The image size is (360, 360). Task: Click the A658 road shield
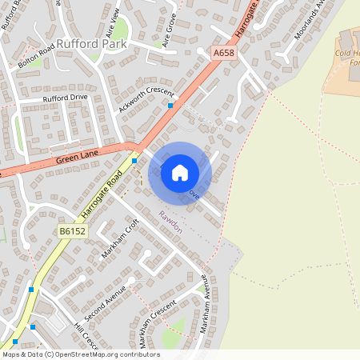[225, 54]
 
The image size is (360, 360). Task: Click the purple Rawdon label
[170, 222]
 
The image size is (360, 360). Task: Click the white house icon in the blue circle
[180, 173]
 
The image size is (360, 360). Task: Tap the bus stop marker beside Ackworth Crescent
[170, 105]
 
